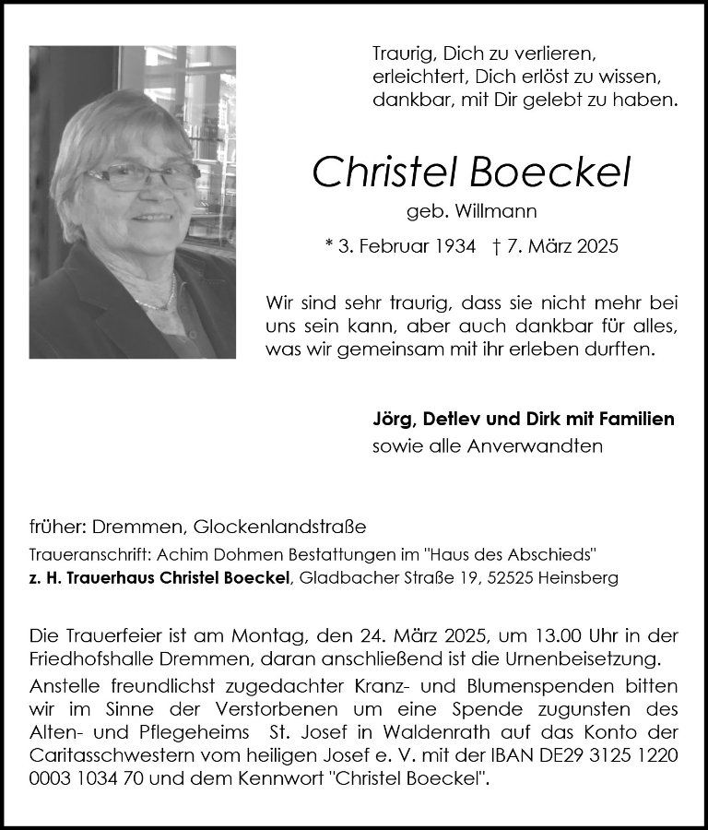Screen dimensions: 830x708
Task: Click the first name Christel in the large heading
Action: pyautogui.click(x=387, y=172)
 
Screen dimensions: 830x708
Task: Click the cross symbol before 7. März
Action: pyautogui.click(x=499, y=246)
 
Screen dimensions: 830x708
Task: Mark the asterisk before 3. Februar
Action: pyautogui.click(x=329, y=246)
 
